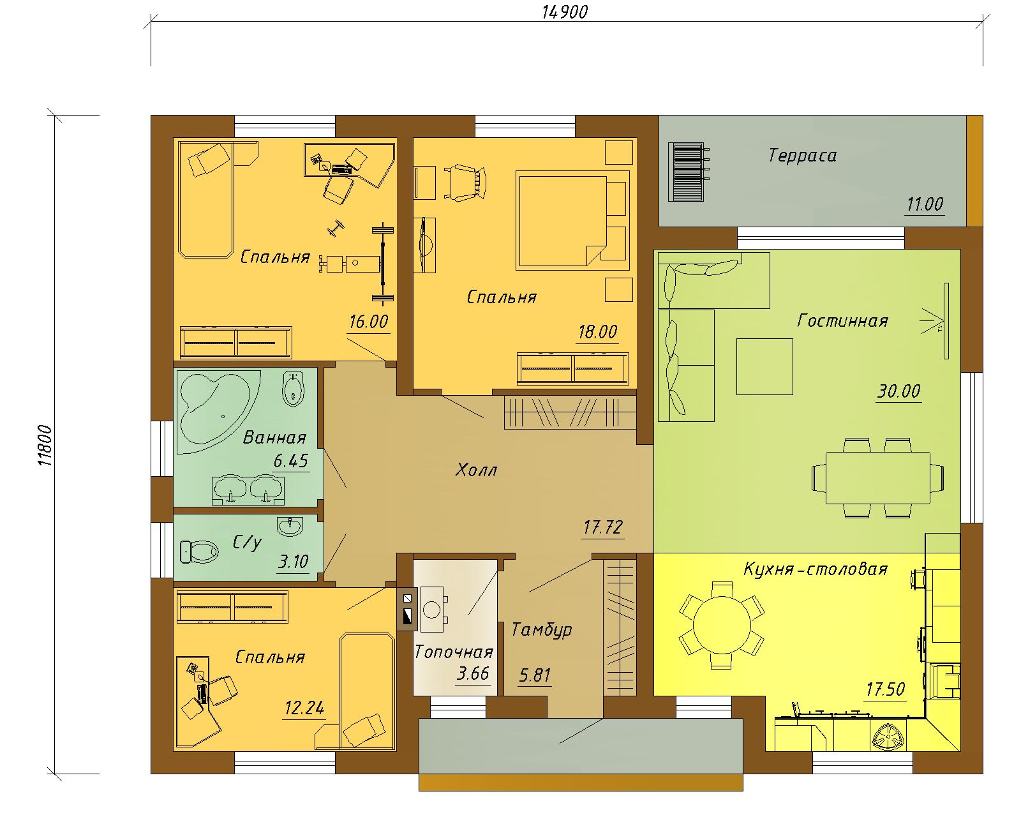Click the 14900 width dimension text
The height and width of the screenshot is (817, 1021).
[x=565, y=12]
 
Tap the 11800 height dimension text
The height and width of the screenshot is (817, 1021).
[x=45, y=446]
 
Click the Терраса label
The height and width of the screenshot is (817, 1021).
[x=802, y=156]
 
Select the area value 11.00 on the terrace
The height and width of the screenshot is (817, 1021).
[x=925, y=205]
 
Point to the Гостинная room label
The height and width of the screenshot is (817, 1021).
[x=842, y=321]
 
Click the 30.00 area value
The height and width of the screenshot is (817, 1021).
[x=898, y=391]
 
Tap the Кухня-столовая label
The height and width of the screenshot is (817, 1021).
[x=815, y=569]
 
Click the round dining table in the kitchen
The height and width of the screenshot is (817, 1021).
[x=722, y=625]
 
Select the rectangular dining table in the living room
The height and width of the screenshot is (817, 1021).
[x=877, y=477]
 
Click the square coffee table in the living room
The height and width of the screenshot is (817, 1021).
[x=764, y=366]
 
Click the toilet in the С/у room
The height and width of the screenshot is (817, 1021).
[x=199, y=551]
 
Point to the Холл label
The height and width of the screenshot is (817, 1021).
[x=476, y=470]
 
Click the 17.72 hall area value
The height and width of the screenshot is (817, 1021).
[x=602, y=527]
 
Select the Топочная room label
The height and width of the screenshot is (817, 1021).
[x=454, y=652]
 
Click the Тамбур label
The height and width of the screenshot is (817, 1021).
[x=541, y=629]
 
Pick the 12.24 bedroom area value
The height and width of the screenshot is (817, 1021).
[x=304, y=708]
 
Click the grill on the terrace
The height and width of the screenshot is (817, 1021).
[x=687, y=172]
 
